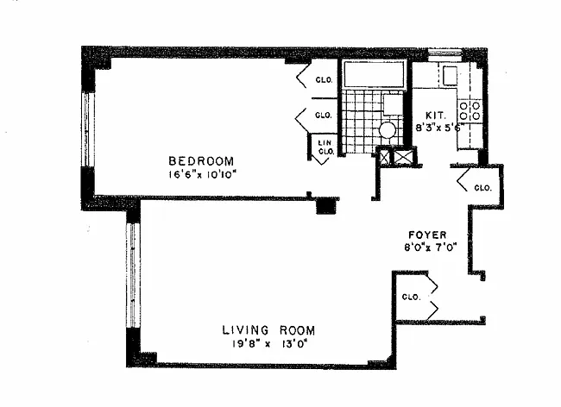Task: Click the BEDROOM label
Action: [201, 161]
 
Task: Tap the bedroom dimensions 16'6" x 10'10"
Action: [203, 175]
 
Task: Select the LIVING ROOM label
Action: [268, 329]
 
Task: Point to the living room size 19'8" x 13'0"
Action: [269, 344]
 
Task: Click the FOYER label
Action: [427, 235]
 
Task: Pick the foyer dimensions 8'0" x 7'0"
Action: [431, 247]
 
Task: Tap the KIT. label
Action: [436, 116]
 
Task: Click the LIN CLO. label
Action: [326, 147]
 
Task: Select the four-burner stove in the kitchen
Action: [470, 110]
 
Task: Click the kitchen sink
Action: [450, 76]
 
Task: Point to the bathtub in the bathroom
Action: [374, 73]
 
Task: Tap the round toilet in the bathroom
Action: [388, 130]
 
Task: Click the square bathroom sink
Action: [393, 104]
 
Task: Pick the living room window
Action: [132, 275]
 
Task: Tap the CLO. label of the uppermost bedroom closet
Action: [325, 79]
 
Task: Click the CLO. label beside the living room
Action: [411, 297]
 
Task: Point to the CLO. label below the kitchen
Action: [482, 188]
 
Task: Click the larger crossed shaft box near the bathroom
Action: [404, 158]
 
